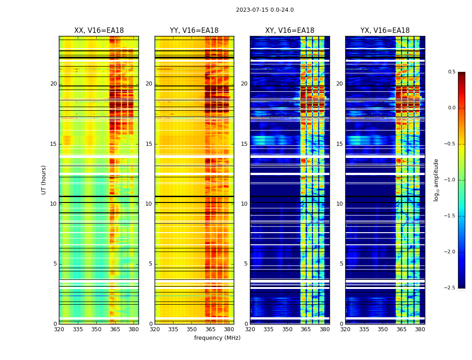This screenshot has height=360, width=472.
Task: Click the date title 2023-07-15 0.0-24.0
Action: [x=265, y=10]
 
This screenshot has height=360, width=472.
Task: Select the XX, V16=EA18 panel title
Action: [x=99, y=31]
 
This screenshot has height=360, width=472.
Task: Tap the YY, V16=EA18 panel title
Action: [x=194, y=31]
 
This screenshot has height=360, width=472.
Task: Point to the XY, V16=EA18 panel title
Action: [x=289, y=31]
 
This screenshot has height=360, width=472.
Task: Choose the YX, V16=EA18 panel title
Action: [x=385, y=31]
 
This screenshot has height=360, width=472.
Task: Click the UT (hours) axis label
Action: [x=44, y=180]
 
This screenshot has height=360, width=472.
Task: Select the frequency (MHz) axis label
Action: [x=217, y=338]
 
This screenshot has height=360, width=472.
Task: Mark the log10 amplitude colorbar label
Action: [x=436, y=180]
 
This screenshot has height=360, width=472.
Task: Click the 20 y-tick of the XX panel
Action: [x=53, y=84]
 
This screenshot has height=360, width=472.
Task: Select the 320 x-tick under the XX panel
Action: [x=59, y=329]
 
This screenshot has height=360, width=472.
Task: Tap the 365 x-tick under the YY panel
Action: [x=210, y=329]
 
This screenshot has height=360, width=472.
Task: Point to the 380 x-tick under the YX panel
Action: [x=420, y=329]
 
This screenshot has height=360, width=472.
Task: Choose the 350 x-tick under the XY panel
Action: [x=287, y=329]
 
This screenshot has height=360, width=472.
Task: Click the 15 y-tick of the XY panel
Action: [x=244, y=144]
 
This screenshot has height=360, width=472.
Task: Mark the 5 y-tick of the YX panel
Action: [x=341, y=264]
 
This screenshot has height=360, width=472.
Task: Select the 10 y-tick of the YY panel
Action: [x=149, y=204]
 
